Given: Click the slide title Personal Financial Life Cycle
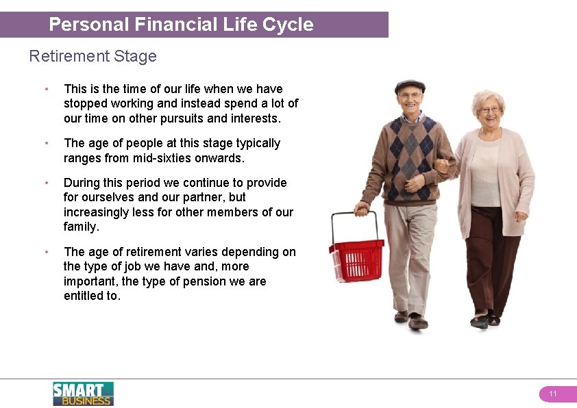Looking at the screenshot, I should click(181, 25).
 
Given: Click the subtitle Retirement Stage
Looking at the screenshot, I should click(93, 56).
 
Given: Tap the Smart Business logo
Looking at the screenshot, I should click(83, 394).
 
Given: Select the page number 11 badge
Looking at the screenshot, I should click(553, 394).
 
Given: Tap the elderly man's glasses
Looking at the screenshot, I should click(410, 95).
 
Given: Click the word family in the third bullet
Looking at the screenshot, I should click(80, 227).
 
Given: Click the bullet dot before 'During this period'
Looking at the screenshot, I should click(46, 183).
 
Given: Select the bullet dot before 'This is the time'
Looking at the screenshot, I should click(46, 89).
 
